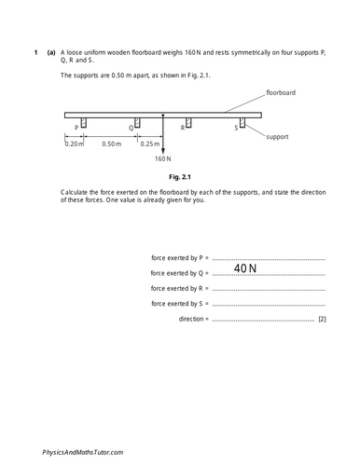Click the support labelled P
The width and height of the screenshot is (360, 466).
point(84,123)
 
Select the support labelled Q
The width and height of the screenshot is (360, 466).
point(136,123)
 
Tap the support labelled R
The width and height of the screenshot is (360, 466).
point(190,123)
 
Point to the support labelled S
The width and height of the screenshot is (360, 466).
point(242,123)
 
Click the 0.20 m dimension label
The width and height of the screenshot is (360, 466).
point(74,144)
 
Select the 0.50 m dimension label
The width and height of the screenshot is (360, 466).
point(112,144)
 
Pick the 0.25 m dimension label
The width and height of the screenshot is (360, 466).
point(149,144)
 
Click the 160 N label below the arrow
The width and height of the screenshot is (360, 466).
point(163,158)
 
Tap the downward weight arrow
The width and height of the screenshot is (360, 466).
point(163,135)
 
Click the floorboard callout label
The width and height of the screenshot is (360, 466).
point(282,93)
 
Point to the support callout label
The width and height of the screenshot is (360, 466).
point(278,136)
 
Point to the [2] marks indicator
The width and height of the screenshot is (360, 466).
point(322,320)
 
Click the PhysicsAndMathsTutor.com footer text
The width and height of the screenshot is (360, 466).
point(83,451)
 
